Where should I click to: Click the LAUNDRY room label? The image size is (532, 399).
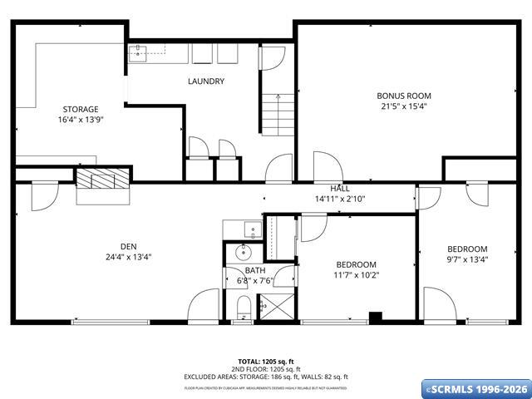point(206,81)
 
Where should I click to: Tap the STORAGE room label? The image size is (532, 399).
point(81,109)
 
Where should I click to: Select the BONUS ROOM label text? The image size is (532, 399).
point(404,96)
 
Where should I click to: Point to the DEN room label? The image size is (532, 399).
point(128,246)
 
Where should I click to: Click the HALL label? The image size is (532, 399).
point(340,189)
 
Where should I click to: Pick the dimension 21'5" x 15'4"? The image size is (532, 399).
point(404,106)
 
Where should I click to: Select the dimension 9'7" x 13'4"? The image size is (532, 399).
point(467,259)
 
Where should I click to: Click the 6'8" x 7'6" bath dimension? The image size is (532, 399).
point(255,281)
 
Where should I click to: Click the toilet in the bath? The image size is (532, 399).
point(243,312)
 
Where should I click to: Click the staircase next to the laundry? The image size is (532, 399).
point(278,115)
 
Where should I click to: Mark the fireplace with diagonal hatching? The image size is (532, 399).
point(103,178)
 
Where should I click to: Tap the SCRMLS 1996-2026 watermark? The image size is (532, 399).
point(475,389)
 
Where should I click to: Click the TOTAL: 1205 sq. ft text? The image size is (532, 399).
point(266,362)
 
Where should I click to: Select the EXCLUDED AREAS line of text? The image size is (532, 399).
point(266,377)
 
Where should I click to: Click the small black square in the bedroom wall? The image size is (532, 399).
point(375,316)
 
